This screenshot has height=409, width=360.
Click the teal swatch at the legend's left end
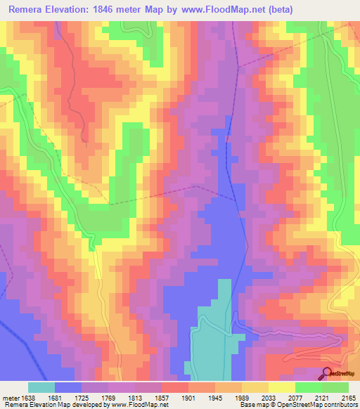tap(41, 387)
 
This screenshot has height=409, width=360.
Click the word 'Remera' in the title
tap(30, 10)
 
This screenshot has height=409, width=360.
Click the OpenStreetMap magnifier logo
tap(327, 373)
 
